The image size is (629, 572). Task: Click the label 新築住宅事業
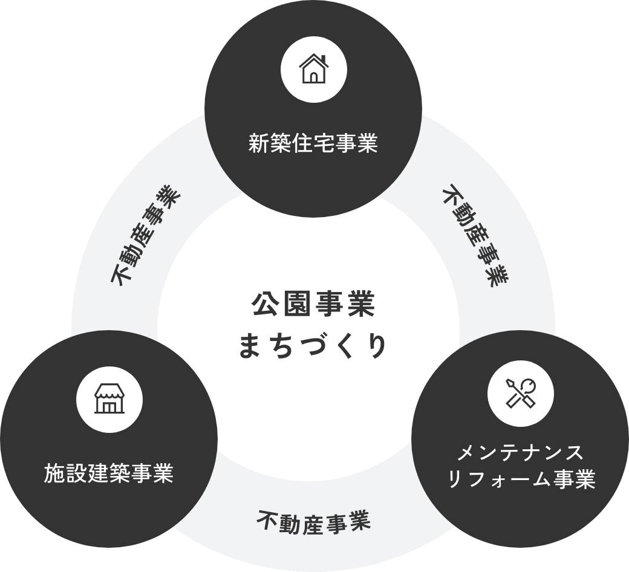tap(313, 145)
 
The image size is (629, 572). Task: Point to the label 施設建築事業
tap(109, 473)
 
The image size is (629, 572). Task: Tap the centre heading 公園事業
tap(313, 305)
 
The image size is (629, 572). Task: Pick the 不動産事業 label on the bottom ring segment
tap(313, 521)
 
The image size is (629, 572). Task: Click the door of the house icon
tap(313, 76)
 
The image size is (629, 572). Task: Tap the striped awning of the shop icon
tap(109, 394)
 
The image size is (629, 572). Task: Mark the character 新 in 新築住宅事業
tap(259, 145)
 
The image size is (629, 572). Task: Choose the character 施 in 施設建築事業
tap(55, 473)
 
